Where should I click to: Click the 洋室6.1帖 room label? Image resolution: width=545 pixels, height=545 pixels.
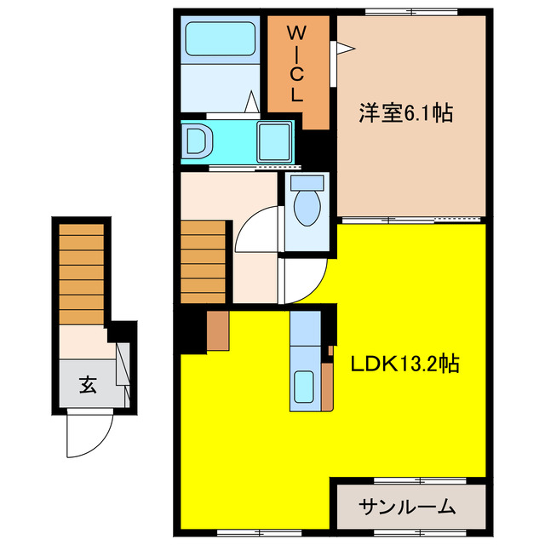pyautogui.click(x=404, y=113)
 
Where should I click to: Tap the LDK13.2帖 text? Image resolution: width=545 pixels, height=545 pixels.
pyautogui.click(x=406, y=364)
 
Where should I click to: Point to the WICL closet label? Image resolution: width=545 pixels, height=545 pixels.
pyautogui.click(x=295, y=64)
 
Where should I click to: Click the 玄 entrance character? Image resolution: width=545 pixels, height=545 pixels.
pyautogui.click(x=88, y=384)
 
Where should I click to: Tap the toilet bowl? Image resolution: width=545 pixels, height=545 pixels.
pyautogui.click(x=305, y=204)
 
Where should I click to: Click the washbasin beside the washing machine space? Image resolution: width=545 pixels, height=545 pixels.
pyautogui.click(x=197, y=141)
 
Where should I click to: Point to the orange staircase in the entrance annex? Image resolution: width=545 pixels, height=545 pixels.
pyautogui.click(x=81, y=272)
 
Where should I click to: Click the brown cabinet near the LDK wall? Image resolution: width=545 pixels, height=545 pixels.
pyautogui.click(x=217, y=331)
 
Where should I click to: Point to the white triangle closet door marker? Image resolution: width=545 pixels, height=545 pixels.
pyautogui.click(x=343, y=50)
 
